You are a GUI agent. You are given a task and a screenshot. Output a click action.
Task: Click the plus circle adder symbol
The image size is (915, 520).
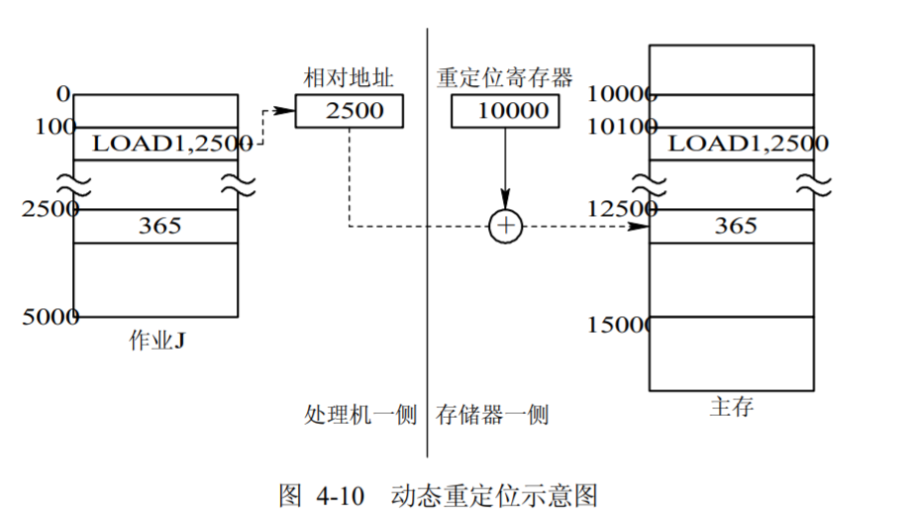(506, 226)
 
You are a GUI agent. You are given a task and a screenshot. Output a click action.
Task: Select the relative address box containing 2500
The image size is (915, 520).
(351, 111)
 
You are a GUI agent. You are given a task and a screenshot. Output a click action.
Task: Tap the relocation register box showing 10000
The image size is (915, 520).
(506, 111)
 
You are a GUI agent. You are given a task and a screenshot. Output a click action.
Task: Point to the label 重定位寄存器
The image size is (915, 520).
(506, 78)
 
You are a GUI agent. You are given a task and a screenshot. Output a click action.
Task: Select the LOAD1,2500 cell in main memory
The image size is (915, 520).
(732, 144)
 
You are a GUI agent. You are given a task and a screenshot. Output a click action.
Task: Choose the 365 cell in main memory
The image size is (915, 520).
(732, 226)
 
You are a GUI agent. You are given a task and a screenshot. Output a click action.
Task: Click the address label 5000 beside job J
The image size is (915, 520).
(51, 317)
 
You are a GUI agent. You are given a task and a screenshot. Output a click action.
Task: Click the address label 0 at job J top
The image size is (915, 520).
(64, 94)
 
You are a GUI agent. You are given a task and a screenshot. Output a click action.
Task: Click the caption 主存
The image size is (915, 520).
(732, 407)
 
